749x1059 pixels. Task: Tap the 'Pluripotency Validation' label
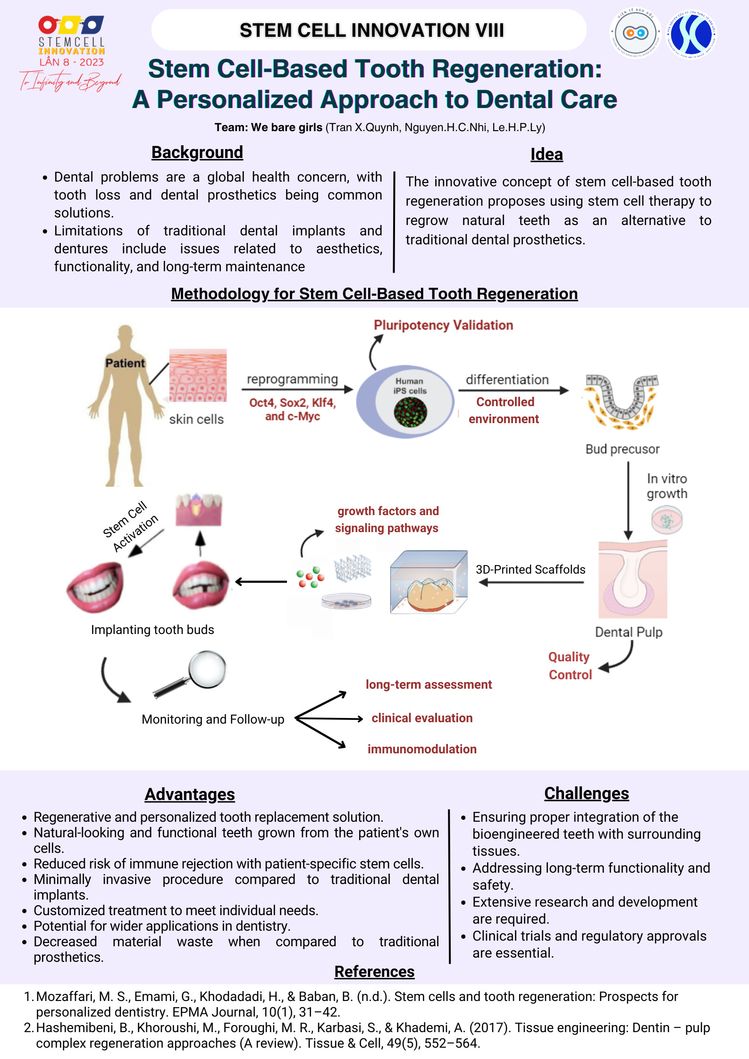click(443, 325)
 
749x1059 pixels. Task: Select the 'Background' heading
click(197, 153)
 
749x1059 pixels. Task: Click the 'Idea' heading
click(547, 155)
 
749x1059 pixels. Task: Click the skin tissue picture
click(198, 375)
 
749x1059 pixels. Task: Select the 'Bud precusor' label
click(623, 449)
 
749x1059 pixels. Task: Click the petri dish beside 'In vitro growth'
click(667, 520)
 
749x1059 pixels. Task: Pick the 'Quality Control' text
click(570, 666)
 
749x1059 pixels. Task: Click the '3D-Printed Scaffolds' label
click(530, 570)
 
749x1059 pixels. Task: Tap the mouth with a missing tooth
click(201, 585)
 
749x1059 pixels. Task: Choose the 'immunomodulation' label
click(422, 749)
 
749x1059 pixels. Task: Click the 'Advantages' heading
click(190, 794)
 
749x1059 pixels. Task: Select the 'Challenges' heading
click(587, 793)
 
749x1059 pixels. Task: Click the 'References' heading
click(374, 972)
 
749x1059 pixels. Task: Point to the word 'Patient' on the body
click(125, 363)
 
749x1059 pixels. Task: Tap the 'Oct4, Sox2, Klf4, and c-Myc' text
click(293, 409)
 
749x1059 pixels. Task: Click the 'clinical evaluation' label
click(422, 718)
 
